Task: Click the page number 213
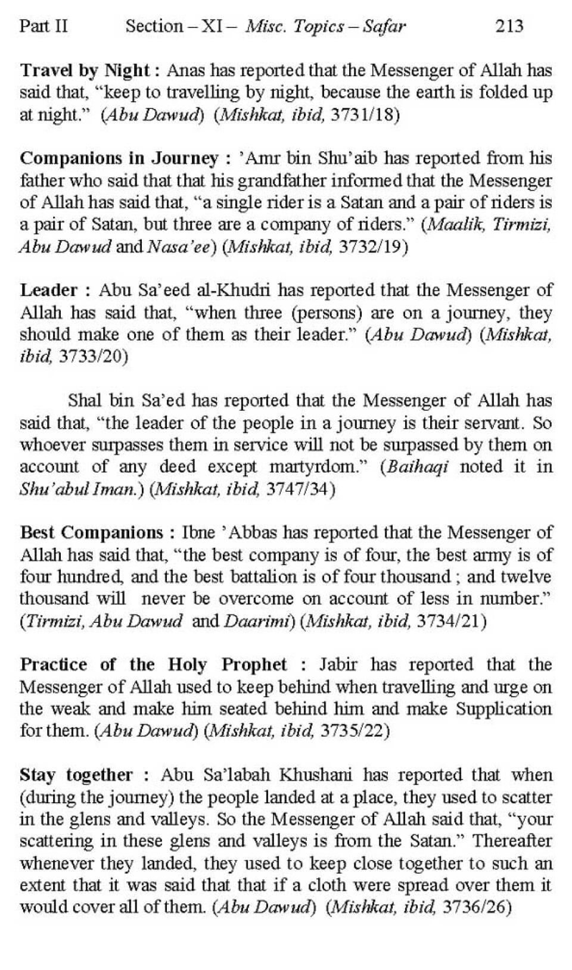[x=509, y=26]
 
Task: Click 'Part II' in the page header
[x=43, y=26]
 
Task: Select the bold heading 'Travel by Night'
[x=85, y=70]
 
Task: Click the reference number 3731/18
[x=365, y=114]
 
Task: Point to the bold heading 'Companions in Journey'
[x=119, y=158]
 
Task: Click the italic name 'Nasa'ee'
[x=179, y=247]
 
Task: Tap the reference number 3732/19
[x=373, y=247]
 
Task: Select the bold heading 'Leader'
[x=49, y=291]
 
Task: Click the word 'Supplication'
[x=503, y=709]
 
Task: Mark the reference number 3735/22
[x=355, y=731]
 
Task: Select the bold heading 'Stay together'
[x=76, y=775]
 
